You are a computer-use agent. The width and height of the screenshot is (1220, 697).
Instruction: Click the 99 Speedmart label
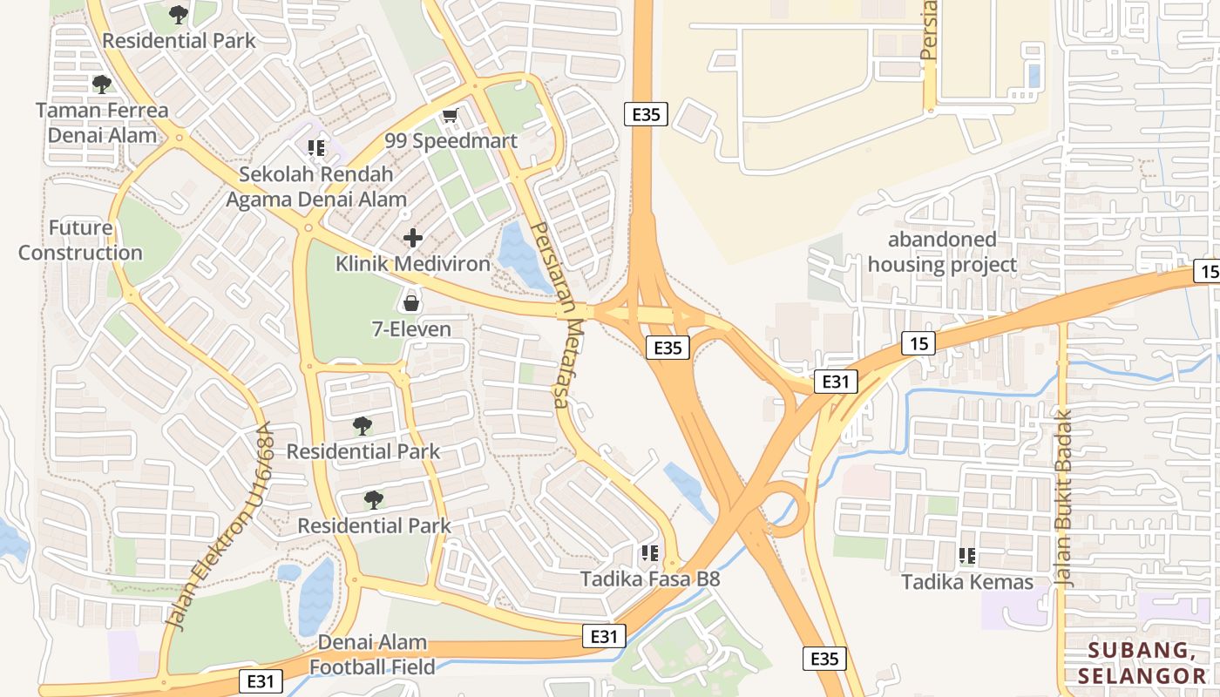coord(451,141)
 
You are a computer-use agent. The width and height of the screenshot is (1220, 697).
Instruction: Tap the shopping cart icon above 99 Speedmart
coord(450,116)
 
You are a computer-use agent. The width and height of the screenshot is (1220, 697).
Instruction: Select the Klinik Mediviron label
coord(413,264)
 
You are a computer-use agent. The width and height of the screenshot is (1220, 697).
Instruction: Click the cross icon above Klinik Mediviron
coord(413,238)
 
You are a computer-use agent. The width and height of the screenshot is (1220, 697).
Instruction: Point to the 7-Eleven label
coord(411,329)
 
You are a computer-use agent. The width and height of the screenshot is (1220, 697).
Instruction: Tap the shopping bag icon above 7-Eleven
coord(411,303)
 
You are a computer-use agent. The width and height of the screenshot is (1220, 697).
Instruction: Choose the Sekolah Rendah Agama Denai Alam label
coord(316,186)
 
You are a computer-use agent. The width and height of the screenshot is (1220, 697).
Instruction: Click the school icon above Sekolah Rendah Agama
coord(316,148)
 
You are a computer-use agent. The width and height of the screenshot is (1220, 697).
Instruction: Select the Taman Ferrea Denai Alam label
coord(102,123)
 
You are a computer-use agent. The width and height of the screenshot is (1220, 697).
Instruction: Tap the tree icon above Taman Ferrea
coord(102,85)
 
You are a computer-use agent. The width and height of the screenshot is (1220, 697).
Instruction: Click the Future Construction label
coord(80,240)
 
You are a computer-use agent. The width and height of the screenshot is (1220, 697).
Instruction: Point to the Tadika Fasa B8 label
coord(650,579)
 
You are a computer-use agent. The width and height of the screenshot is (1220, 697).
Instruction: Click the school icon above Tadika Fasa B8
coord(649,553)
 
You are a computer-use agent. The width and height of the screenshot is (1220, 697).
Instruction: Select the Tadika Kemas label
coord(967,582)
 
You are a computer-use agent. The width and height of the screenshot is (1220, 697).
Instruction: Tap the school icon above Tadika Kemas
coord(966,555)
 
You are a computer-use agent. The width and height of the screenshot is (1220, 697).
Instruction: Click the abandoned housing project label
coord(942,252)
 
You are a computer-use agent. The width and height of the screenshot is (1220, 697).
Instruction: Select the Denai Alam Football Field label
coord(373,654)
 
